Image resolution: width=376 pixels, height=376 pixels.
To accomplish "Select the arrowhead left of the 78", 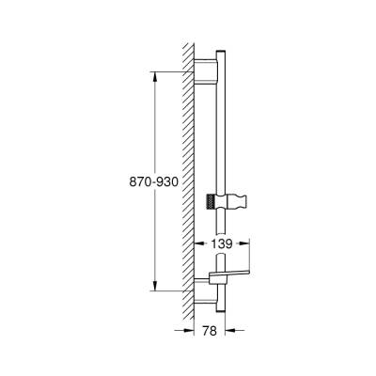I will point(190,331).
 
